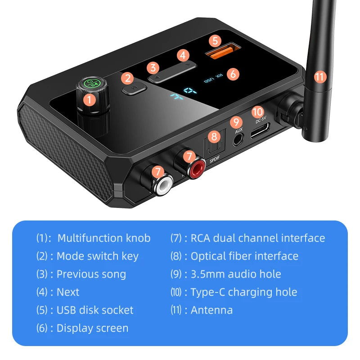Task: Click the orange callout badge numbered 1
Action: click(90, 99)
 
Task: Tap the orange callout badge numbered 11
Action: click(319, 76)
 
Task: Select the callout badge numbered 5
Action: click(215, 40)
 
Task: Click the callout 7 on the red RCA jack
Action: click(189, 157)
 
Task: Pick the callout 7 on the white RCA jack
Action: click(157, 171)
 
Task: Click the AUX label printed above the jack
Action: click(238, 130)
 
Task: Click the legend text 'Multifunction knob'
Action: click(104, 238)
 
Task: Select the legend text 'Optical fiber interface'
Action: click(244, 256)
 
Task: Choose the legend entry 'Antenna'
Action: click(211, 310)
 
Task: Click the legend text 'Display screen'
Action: click(92, 328)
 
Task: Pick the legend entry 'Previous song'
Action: click(91, 274)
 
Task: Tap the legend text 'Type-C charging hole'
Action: click(243, 292)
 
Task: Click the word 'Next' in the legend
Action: click(68, 292)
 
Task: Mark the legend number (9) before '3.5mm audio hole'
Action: click(176, 274)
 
